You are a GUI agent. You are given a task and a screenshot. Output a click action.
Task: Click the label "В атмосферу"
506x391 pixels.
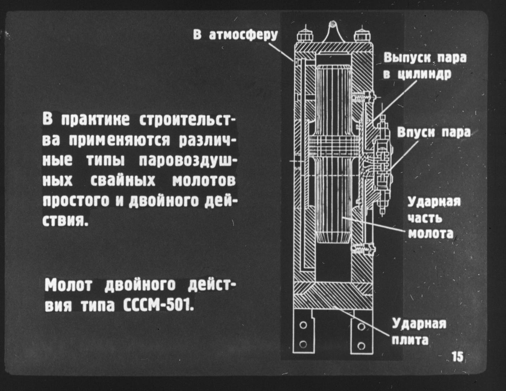tap(235, 35)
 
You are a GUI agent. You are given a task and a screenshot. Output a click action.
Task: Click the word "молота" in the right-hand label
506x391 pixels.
tap(431, 234)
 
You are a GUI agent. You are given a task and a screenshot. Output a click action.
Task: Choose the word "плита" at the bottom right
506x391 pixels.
tap(410, 341)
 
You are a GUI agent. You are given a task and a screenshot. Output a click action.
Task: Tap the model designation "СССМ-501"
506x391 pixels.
tap(158, 306)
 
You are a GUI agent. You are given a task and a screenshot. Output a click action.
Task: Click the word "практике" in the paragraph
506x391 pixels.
tap(95, 120)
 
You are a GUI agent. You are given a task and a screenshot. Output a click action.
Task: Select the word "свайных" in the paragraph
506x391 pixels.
tap(123, 181)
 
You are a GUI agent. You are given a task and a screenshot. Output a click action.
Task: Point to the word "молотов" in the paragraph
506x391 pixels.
tap(204, 181)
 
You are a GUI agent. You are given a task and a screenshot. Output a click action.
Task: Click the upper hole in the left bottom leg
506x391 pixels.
tap(303, 325)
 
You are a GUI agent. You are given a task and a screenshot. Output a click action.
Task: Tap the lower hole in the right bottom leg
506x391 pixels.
tap(361, 345)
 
